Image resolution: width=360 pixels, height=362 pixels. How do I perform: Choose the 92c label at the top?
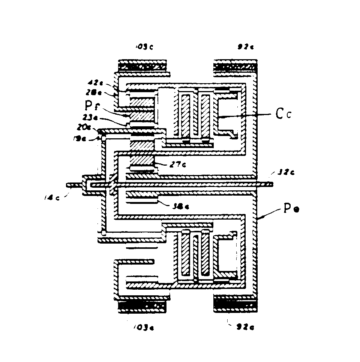point(246,47)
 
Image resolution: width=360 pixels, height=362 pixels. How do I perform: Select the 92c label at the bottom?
point(246,328)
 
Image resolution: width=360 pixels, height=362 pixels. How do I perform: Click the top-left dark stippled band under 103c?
point(142,66)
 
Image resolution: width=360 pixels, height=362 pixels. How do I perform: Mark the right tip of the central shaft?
point(272,184)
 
